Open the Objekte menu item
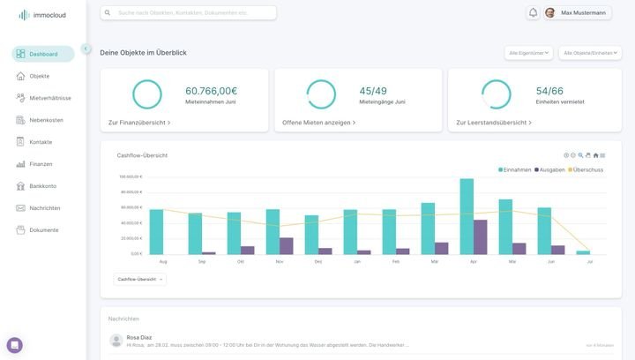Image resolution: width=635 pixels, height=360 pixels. click(x=39, y=76)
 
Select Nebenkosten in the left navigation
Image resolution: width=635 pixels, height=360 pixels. click(x=46, y=120)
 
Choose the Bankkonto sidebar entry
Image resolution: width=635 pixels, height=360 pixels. click(x=42, y=186)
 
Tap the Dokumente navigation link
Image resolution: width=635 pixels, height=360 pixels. click(x=43, y=230)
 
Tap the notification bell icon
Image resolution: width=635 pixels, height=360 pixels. click(x=533, y=13)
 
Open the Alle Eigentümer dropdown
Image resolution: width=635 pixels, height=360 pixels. click(x=528, y=53)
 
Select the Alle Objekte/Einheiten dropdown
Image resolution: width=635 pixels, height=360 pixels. click(x=590, y=53)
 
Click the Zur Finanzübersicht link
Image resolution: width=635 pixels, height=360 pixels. click(x=138, y=123)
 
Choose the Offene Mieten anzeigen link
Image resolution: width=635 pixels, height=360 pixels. click(x=318, y=123)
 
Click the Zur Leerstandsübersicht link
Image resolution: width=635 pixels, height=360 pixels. click(x=493, y=123)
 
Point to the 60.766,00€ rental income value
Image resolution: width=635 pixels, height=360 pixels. click(x=211, y=91)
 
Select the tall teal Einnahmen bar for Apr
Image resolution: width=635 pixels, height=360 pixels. click(x=467, y=216)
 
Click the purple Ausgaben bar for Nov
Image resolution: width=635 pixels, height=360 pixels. click(x=287, y=246)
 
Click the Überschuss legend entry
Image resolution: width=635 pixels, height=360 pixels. click(x=587, y=169)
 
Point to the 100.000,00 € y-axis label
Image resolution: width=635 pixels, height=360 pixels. click(x=131, y=176)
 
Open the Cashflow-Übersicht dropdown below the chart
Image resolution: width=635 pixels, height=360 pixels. click(x=139, y=279)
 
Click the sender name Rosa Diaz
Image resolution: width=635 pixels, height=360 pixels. click(x=138, y=337)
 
